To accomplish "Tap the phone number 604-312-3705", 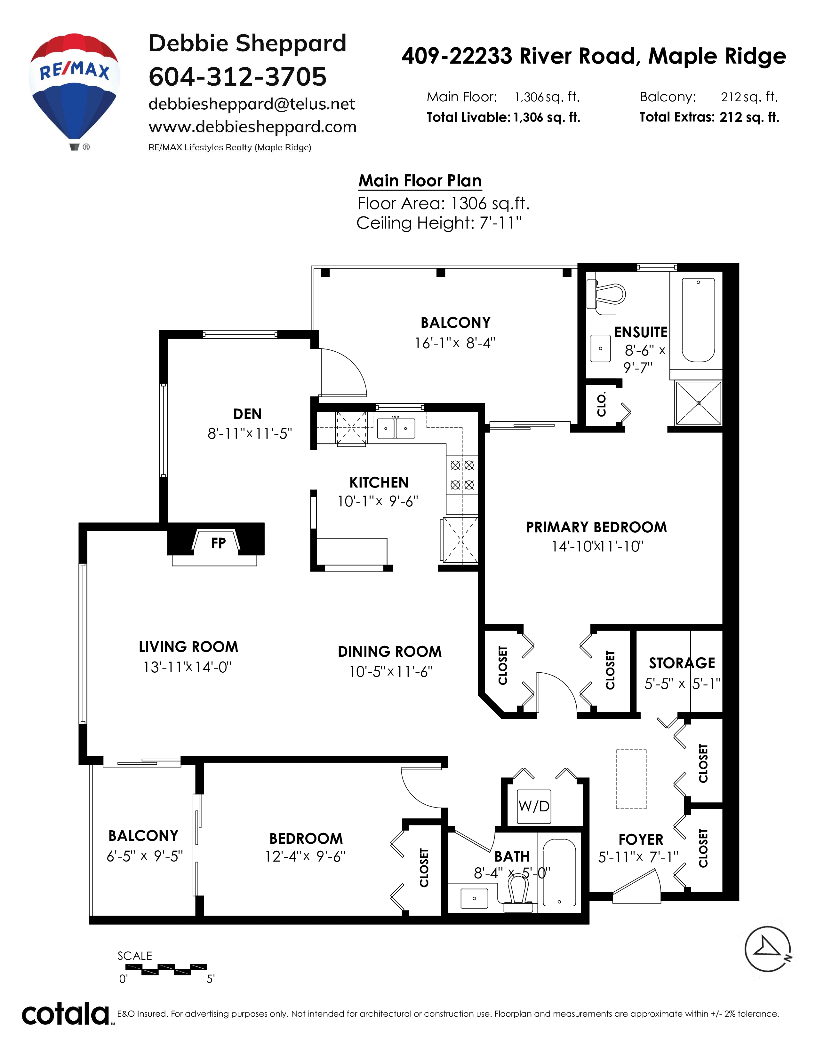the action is pos(237,77).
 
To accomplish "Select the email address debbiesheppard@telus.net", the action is pos(252,104).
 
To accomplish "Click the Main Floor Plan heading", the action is pos(420,181).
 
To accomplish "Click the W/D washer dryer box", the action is pos(534,806).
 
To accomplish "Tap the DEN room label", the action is pos(247,414).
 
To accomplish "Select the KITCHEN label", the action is pos(379,482).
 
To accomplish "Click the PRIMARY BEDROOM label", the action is pos(596,527).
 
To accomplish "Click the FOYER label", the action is pos(641,839).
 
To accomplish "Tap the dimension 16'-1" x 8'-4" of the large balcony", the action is pos(455,343).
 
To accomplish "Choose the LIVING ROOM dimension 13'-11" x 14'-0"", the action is pos(188,667).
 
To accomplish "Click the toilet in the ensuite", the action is pos(606,293).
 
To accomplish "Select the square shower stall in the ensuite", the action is pos(698,403).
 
